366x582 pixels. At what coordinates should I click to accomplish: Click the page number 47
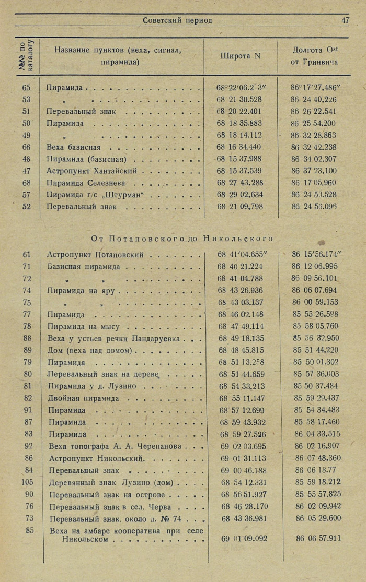pos(345,20)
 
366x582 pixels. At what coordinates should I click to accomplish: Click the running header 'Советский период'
pos(177,20)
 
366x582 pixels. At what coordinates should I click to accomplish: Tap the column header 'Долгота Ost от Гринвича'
pos(314,56)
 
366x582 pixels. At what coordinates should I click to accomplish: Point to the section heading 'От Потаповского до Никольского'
pos(182,239)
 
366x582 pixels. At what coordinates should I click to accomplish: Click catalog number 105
pos(28,481)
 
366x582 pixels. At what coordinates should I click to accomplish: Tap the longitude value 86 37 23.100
pos(314,171)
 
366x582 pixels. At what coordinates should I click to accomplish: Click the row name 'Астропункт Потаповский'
pos(96,255)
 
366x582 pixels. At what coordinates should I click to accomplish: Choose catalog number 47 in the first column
pos(27,171)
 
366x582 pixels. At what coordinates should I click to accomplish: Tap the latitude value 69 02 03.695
pos(243,446)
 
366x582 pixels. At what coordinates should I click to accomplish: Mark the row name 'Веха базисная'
pos(73,147)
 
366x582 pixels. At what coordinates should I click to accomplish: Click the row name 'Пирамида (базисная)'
pos(87,159)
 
